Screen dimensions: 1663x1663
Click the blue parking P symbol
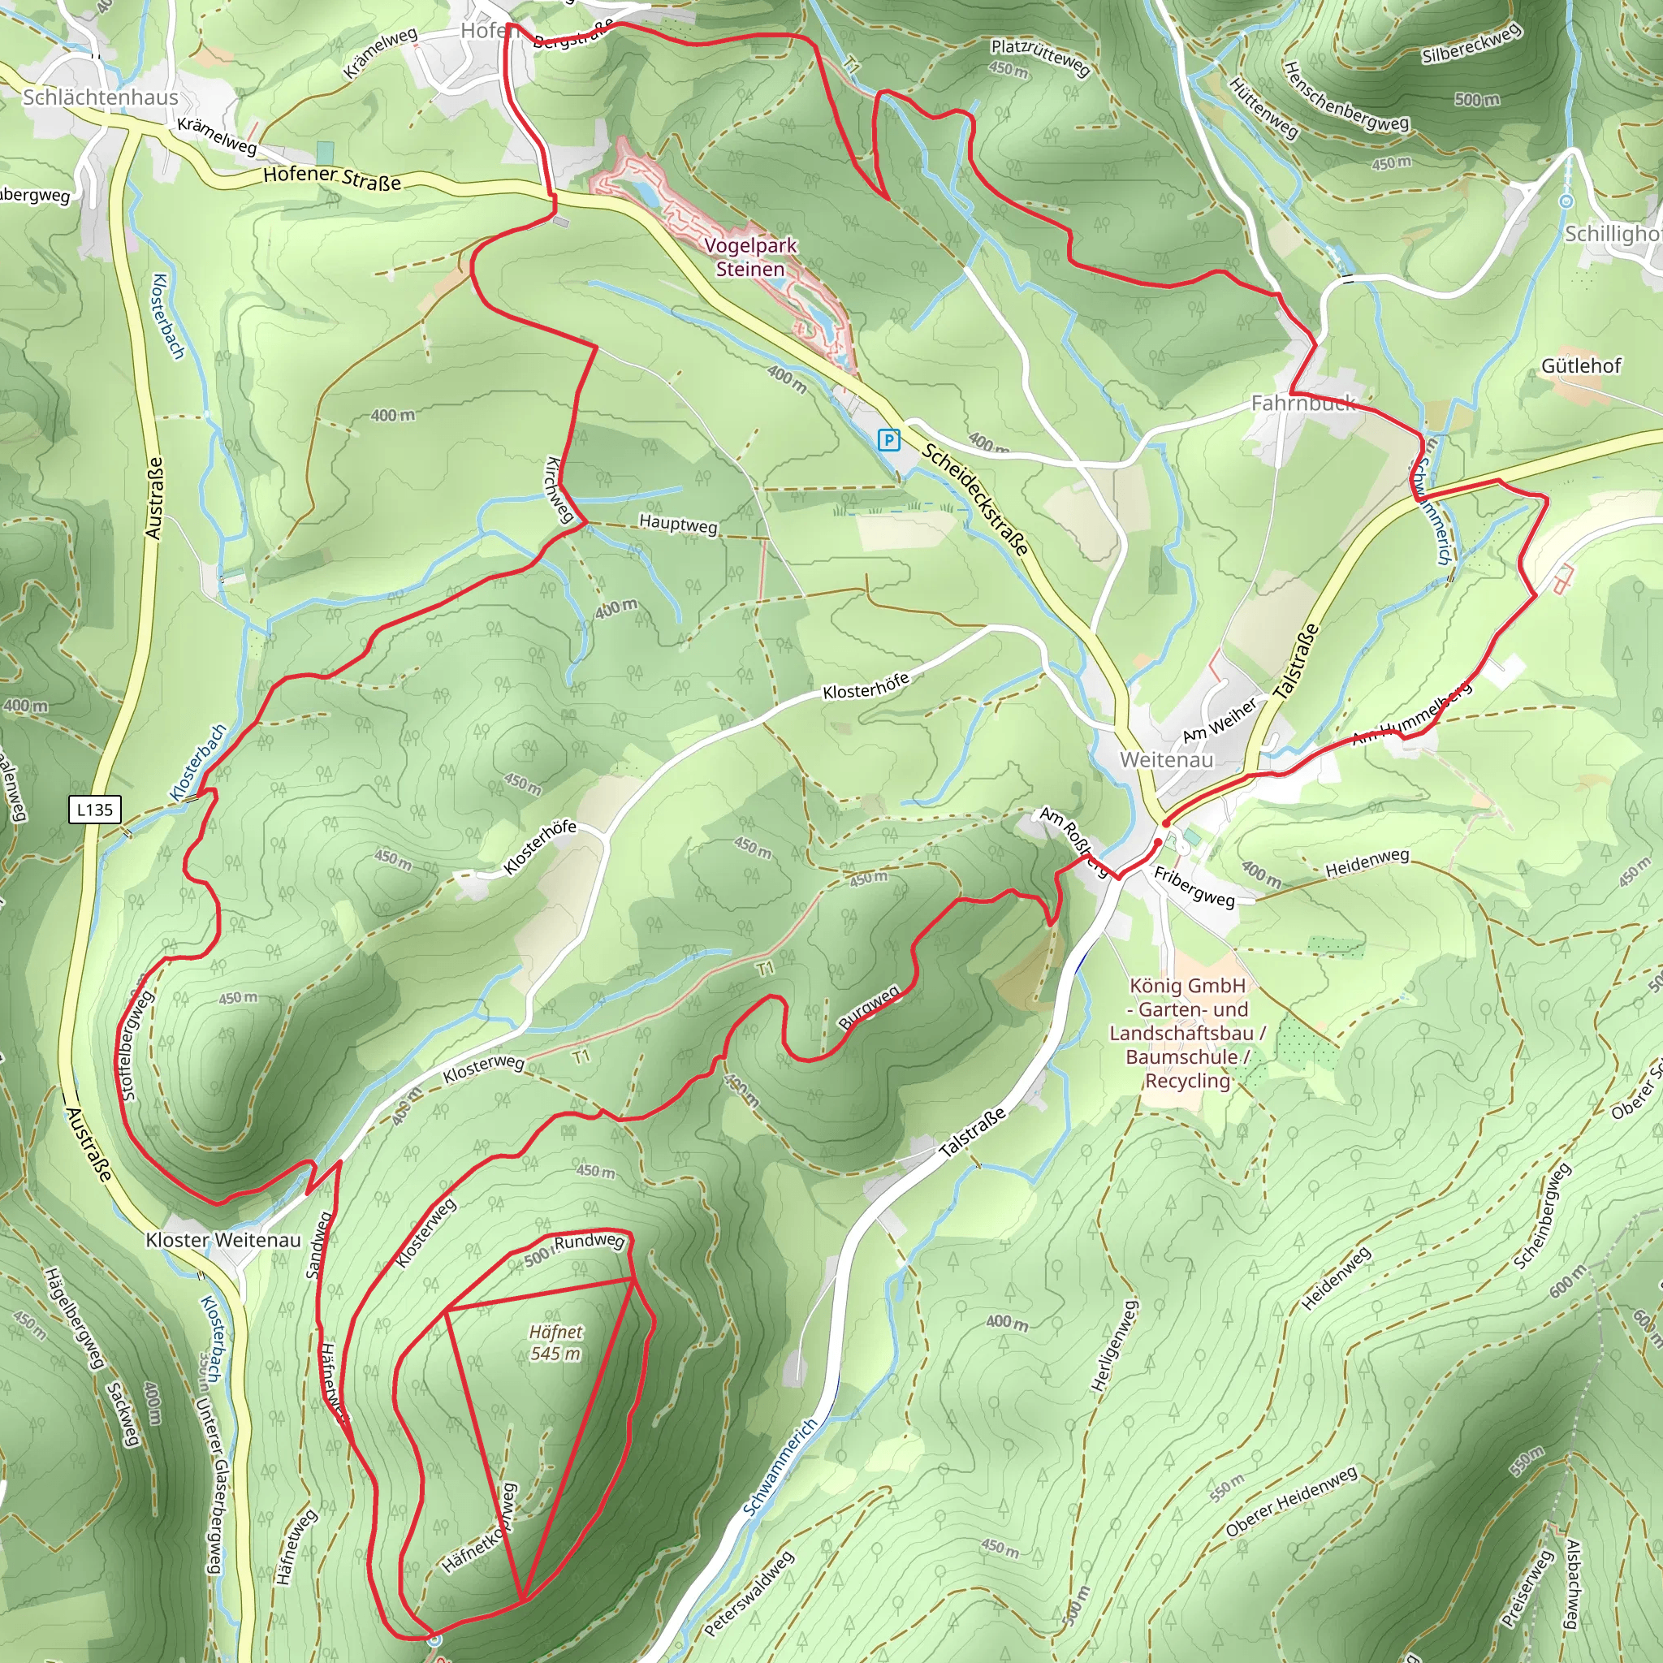point(888,441)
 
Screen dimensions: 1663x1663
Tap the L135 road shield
point(95,809)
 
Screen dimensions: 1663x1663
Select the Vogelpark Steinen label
point(750,257)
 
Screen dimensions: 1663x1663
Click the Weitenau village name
point(1166,760)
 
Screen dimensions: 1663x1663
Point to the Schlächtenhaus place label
point(101,97)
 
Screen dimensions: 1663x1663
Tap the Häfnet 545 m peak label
point(555,1343)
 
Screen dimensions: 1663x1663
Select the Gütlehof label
point(1581,366)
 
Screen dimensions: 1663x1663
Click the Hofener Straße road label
point(332,178)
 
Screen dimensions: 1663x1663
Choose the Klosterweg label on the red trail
point(426,1233)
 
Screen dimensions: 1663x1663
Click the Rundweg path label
point(589,1242)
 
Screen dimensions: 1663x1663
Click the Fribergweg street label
point(1194,888)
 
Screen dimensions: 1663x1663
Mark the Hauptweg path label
point(678,525)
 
